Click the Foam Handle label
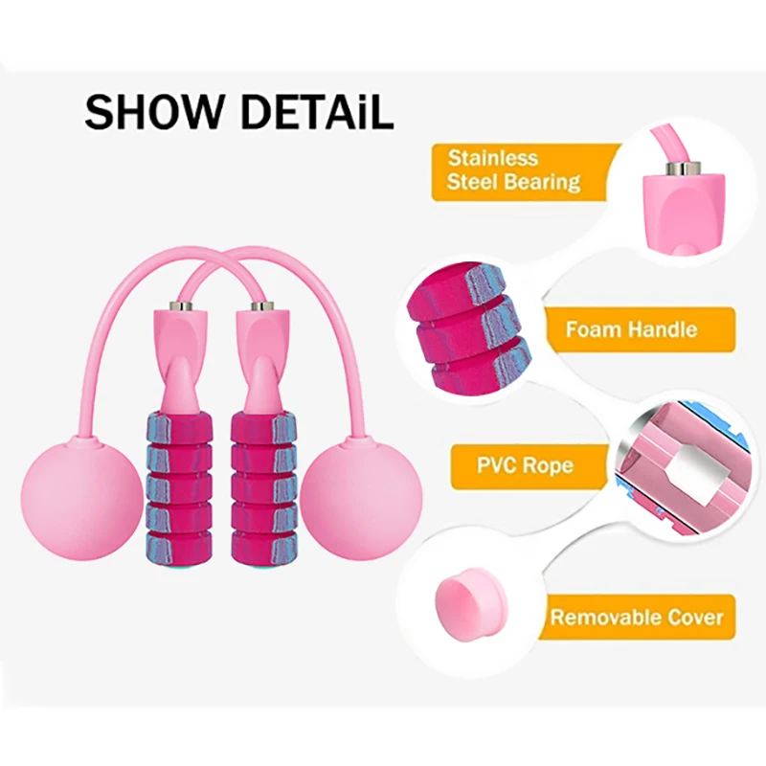(630, 329)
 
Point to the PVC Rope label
(525, 466)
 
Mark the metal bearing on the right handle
(258, 308)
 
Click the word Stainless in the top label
(492, 158)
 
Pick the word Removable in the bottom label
(595, 616)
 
